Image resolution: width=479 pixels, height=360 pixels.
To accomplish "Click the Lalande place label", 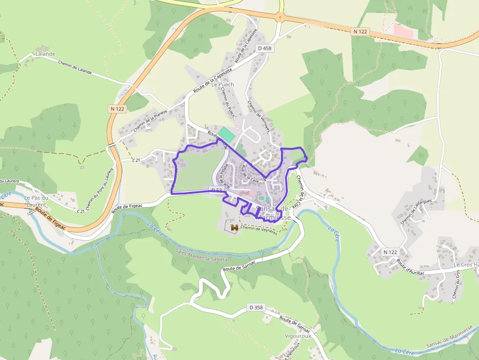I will (x=45, y=54).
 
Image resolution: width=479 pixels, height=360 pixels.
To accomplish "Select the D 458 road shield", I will (x=264, y=48).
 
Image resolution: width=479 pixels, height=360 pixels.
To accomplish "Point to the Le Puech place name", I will (x=222, y=85).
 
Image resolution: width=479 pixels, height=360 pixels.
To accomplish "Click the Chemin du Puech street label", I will (x=228, y=100).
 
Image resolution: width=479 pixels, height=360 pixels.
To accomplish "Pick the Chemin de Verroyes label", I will (x=259, y=116).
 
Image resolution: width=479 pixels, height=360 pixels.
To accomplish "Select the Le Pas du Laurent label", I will (x=35, y=201).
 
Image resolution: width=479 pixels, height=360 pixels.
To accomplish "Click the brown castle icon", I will (x=234, y=227).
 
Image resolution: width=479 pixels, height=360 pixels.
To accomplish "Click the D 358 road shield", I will (x=256, y=308).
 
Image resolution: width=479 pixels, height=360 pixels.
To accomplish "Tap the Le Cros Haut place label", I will (x=466, y=265).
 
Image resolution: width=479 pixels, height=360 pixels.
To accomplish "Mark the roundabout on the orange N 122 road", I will (x=280, y=18).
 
